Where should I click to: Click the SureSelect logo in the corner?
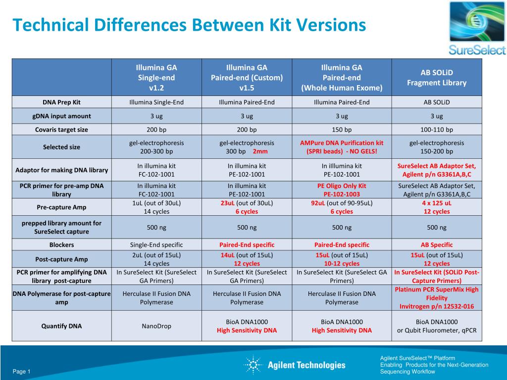tap(477, 29)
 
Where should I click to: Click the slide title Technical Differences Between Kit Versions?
tap(189, 25)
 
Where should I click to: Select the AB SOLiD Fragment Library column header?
tap(436, 77)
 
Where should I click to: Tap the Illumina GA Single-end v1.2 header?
tap(156, 78)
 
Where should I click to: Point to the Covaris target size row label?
tap(61, 130)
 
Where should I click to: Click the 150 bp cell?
tap(342, 130)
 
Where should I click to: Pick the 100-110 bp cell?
tap(436, 130)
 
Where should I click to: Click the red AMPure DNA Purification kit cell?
tap(342, 147)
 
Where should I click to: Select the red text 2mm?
tap(260, 151)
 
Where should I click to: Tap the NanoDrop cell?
tap(156, 326)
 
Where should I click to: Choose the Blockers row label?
tap(61, 244)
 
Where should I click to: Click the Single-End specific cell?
tap(156, 244)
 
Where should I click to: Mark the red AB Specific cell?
tap(436, 244)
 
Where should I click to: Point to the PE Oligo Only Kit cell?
tap(342, 190)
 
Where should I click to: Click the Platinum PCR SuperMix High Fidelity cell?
tap(436, 298)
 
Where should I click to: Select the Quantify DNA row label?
tap(61, 326)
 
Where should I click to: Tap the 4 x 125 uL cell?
tap(436, 207)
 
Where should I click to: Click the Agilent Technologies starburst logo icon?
tap(253, 365)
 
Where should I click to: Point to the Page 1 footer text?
tap(22, 372)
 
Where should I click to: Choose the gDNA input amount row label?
tap(61, 116)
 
